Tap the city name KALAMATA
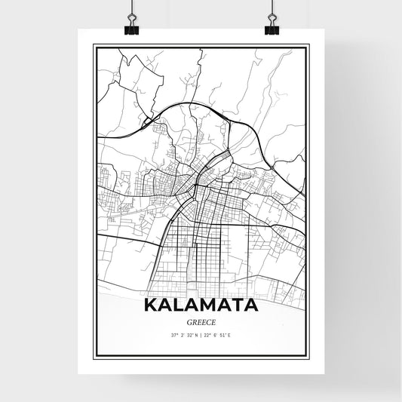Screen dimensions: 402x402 pos(200,305)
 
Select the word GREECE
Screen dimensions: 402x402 pos(200,323)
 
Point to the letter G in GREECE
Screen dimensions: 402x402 pos(186,323)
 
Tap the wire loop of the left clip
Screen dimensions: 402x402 pos(131,19)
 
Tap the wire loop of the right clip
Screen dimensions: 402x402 pos(271,19)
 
